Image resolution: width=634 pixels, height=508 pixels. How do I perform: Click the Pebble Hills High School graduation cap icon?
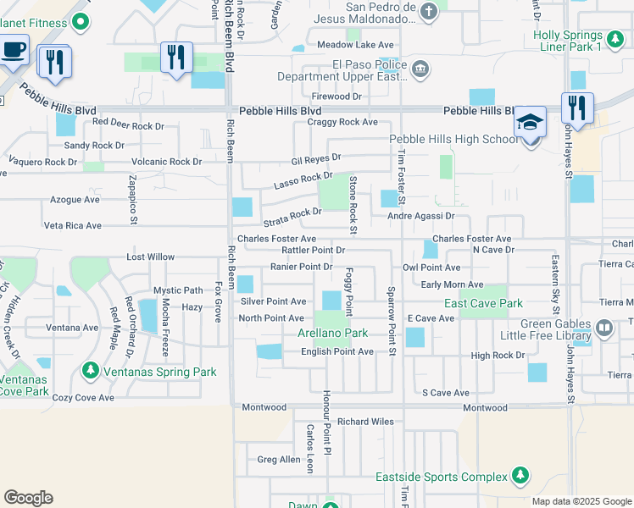pyautogui.click(x=529, y=124)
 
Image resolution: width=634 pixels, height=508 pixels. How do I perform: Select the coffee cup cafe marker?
pyautogui.click(x=13, y=51)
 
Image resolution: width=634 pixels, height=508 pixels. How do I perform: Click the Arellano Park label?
pyautogui.click(x=332, y=334)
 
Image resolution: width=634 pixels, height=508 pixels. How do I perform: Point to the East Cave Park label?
pyautogui.click(x=483, y=303)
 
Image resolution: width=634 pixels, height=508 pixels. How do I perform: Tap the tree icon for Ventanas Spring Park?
pyautogui.click(x=91, y=371)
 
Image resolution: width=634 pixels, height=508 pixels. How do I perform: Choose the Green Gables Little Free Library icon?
pyautogui.click(x=603, y=327)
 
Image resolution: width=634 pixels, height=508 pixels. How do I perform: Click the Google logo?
pyautogui.click(x=28, y=498)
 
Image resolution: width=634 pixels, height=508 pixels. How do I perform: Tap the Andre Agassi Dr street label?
pyautogui.click(x=421, y=216)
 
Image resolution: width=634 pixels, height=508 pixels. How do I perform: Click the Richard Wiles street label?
pyautogui.click(x=365, y=422)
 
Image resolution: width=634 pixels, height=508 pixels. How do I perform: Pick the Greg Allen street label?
pyautogui.click(x=279, y=460)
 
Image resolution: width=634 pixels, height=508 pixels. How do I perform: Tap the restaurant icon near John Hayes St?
pyautogui.click(x=576, y=108)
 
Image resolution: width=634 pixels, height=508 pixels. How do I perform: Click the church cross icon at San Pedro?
pyautogui.click(x=431, y=11)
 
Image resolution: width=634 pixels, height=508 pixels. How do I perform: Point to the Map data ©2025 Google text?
pyautogui.click(x=581, y=501)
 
